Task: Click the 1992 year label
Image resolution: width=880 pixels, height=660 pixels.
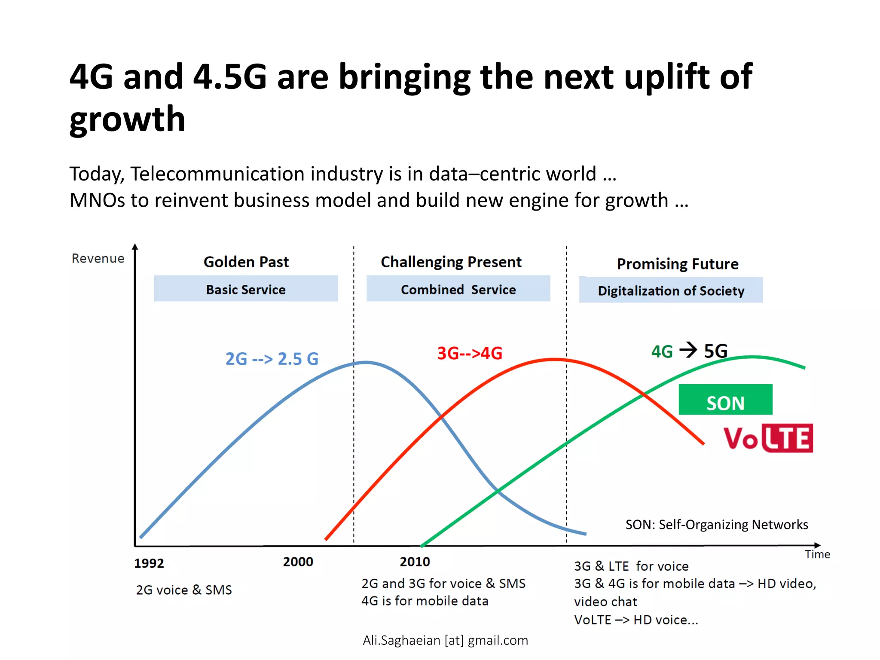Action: (x=149, y=563)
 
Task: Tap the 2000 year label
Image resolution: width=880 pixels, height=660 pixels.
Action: (x=298, y=562)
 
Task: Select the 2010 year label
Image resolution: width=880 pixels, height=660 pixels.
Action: (x=415, y=562)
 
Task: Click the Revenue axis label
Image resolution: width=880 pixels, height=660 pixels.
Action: (x=98, y=258)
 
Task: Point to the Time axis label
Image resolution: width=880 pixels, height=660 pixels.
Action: (x=817, y=554)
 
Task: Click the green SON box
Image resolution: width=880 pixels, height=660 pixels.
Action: (x=725, y=400)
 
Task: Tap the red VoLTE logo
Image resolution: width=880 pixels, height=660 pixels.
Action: (x=768, y=438)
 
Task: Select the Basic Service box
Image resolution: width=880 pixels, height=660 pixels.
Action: (x=246, y=289)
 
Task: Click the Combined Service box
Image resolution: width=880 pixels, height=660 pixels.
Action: (x=458, y=289)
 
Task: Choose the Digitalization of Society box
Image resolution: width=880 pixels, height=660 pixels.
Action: (x=671, y=290)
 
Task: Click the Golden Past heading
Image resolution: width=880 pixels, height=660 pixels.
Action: (x=246, y=262)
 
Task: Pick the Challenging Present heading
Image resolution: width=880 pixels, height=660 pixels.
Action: (x=451, y=262)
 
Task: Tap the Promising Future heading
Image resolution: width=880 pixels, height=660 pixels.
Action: (x=678, y=263)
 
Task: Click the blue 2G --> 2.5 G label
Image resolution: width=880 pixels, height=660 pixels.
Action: (x=272, y=359)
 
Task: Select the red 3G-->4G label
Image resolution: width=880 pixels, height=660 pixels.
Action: (x=470, y=353)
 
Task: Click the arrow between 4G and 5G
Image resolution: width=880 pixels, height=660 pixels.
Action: (x=688, y=350)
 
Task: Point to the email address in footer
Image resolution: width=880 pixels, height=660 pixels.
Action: (x=445, y=640)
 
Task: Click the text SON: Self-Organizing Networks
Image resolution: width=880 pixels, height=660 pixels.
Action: (x=716, y=525)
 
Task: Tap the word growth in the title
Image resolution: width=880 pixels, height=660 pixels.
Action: (x=127, y=119)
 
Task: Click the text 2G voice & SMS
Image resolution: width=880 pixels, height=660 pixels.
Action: (x=184, y=590)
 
